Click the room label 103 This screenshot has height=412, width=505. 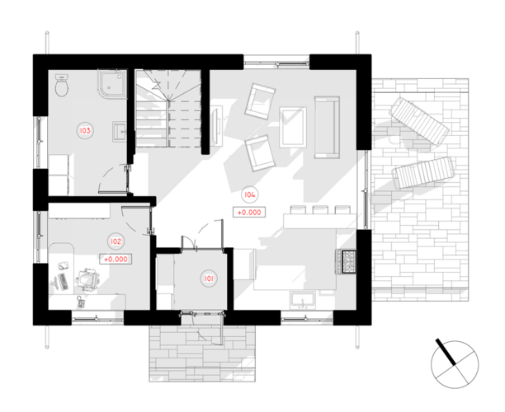tap(85, 130)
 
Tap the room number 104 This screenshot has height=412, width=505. tap(249, 194)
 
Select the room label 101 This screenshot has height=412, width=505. tap(209, 279)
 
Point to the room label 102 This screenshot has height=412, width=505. tap(116, 241)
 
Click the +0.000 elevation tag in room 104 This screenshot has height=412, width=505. tap(249, 213)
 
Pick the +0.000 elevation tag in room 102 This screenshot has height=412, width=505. tap(116, 259)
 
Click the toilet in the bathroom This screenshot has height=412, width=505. tap(62, 85)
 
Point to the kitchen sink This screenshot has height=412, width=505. tap(302, 300)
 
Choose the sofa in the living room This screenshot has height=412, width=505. tap(327, 127)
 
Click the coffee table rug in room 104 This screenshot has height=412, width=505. tap(293, 127)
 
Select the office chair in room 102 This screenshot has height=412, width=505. tap(87, 279)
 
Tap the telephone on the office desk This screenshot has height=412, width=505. tap(82, 302)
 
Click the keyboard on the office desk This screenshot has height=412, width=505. tap(64, 282)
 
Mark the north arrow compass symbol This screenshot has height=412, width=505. tap(455, 364)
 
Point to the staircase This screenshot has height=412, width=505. tap(168, 109)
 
